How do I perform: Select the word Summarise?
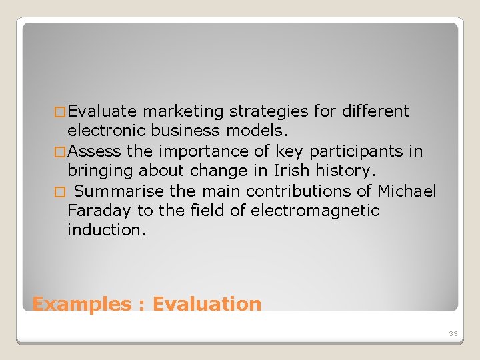119,191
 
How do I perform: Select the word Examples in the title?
82,304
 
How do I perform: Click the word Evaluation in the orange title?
207,304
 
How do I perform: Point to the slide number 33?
453,333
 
